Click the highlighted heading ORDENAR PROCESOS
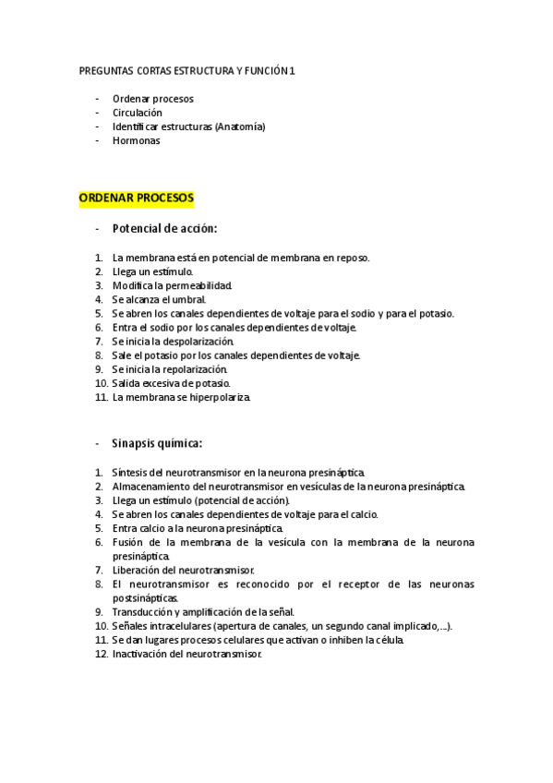pyautogui.click(x=136, y=198)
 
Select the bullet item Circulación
pyautogui.click(x=137, y=113)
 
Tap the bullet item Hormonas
pyautogui.click(x=136, y=141)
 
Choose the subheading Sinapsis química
pyautogui.click(x=156, y=442)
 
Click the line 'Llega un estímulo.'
pyautogui.click(x=152, y=271)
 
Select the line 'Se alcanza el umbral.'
pyautogui.click(x=159, y=299)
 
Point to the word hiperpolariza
pyautogui.click(x=219, y=397)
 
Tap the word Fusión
pyautogui.click(x=128, y=542)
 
